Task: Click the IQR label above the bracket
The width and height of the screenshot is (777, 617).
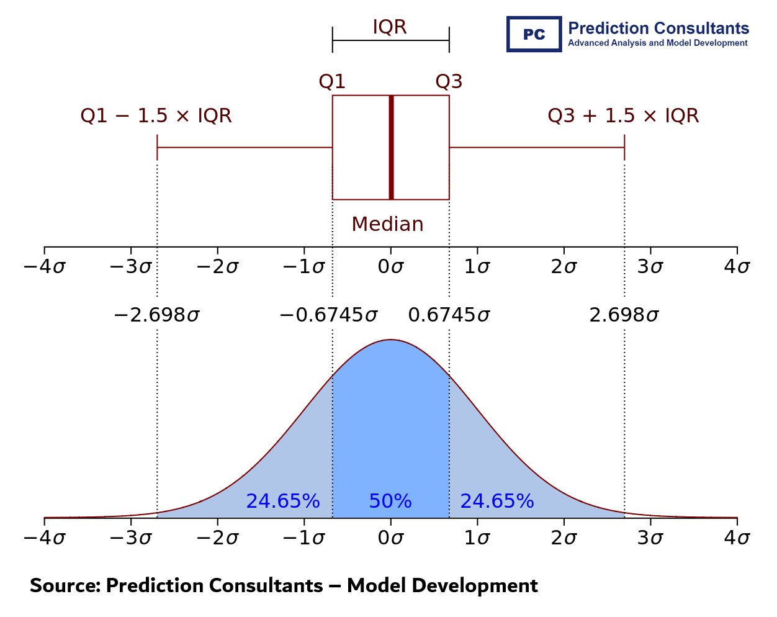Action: pos(389,27)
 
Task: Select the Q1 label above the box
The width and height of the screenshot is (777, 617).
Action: pos(332,81)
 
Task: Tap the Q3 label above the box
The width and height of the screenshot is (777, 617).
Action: pos(449,81)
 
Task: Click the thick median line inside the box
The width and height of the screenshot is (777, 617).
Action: pos(391,147)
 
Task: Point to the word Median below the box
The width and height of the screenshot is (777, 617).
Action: pos(387,224)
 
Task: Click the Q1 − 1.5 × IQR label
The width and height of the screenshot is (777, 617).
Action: pos(156,116)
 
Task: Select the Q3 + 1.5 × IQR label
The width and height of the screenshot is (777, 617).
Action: pos(623,116)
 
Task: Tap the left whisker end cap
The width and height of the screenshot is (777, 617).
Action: pos(158,148)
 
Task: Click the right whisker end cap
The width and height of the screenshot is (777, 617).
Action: pos(624,148)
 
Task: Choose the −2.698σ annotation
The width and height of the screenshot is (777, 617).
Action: pos(156,315)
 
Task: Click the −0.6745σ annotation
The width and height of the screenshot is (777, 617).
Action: pos(328,315)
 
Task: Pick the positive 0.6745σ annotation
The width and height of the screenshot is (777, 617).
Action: pos(449,315)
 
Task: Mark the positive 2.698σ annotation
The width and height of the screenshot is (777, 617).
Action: pos(624,315)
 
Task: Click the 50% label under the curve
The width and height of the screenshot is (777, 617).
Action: pos(390,501)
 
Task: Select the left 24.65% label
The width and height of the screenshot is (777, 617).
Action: pos(282,501)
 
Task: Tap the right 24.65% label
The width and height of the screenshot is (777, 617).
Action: pos(496,501)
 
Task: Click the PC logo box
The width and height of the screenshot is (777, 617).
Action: pos(534,34)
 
